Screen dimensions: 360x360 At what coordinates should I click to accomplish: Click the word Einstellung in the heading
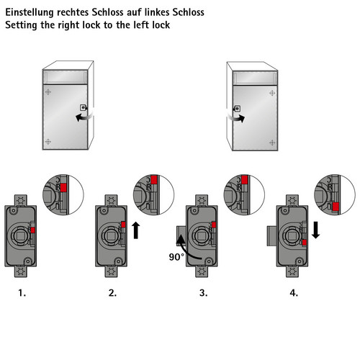(x=30, y=12)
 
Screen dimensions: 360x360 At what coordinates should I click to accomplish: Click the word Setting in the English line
(x=22, y=25)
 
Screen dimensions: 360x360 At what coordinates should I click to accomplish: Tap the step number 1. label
(x=22, y=293)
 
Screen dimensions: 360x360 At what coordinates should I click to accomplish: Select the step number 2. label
(x=112, y=293)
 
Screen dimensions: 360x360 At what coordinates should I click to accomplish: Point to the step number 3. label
(x=203, y=293)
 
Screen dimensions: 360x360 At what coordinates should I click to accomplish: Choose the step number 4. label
(x=294, y=293)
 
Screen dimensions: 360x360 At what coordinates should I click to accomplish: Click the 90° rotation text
(x=176, y=257)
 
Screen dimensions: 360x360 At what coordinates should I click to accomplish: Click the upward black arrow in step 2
(x=136, y=230)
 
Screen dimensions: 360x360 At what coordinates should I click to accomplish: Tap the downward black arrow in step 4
(x=316, y=230)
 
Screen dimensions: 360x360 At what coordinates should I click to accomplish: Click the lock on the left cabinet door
(x=83, y=107)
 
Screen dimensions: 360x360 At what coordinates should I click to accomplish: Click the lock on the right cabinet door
(x=238, y=109)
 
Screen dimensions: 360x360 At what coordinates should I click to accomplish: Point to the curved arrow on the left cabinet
(x=85, y=117)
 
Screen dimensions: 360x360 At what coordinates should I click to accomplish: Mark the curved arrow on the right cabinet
(x=236, y=118)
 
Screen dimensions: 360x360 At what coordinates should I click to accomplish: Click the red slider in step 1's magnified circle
(x=63, y=188)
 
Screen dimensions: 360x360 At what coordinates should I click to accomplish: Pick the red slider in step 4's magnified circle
(x=336, y=207)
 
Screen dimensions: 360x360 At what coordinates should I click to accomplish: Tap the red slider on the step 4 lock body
(x=305, y=243)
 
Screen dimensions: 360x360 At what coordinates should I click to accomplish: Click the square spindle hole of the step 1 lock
(x=21, y=236)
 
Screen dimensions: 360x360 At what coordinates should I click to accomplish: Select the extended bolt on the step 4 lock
(x=272, y=236)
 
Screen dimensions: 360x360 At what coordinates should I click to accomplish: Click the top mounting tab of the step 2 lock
(x=111, y=200)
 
